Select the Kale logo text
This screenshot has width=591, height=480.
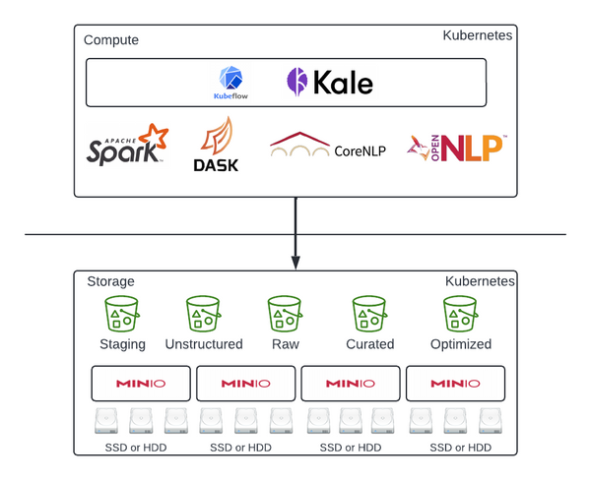[330, 83]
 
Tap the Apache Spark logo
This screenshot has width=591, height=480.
[126, 147]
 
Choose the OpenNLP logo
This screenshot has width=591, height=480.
[458, 148]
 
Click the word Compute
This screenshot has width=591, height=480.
[111, 40]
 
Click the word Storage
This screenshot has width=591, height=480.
[110, 281]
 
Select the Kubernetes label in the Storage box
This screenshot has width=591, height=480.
[479, 281]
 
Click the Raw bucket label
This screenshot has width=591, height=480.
[285, 344]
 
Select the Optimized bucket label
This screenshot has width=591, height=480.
[461, 344]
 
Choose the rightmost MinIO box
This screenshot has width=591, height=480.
[455, 383]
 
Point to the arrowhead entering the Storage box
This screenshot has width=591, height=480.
[295, 263]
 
